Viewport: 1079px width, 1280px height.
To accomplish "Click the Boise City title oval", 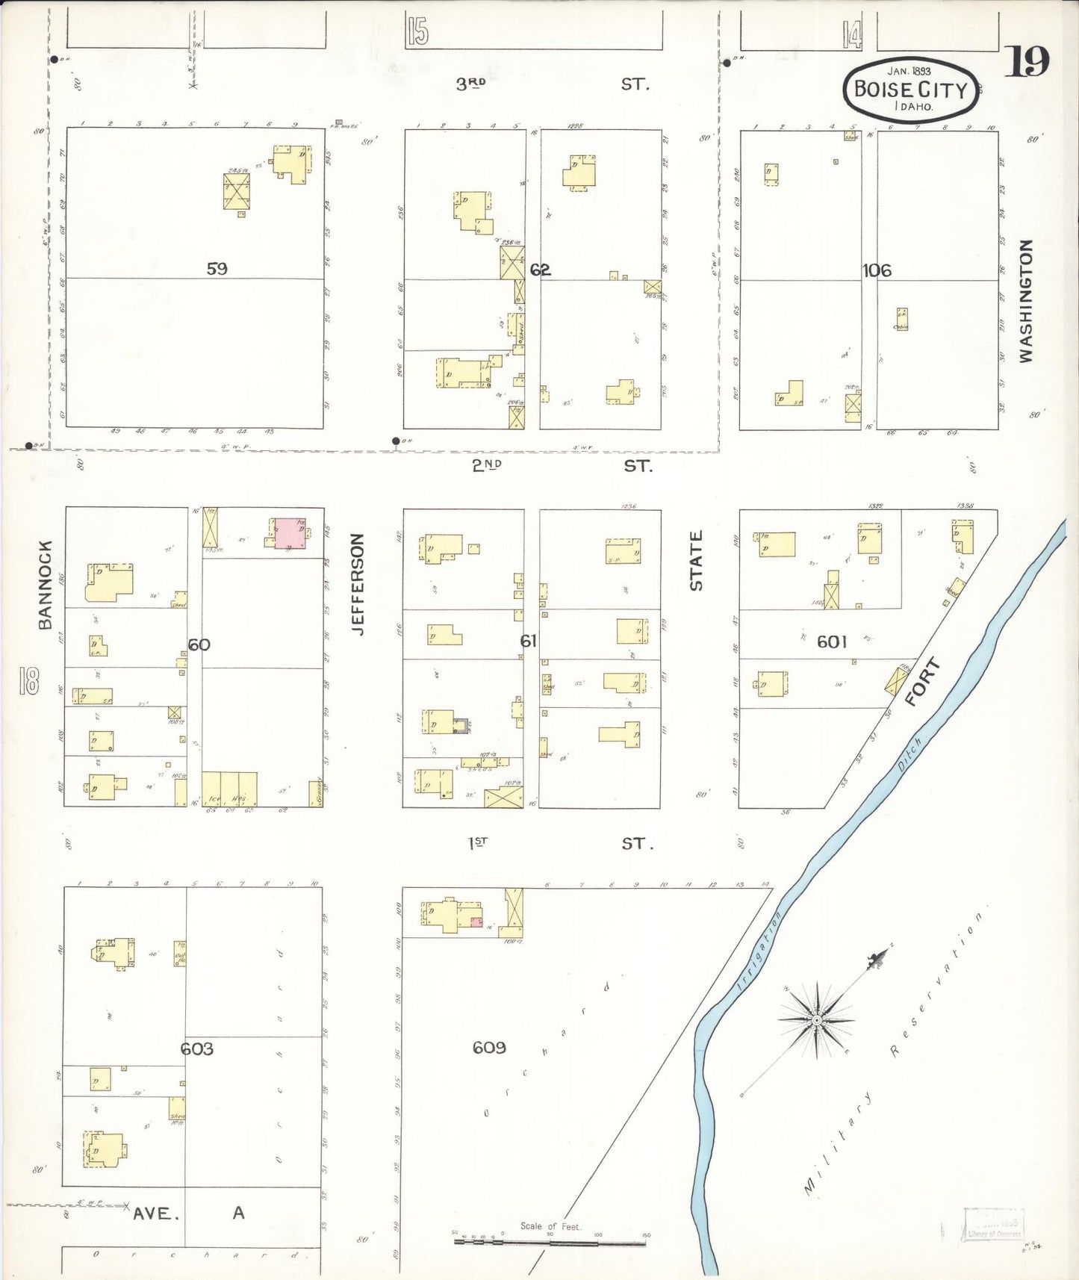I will coord(910,89).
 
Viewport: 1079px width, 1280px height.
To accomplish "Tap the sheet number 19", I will coord(1027,61).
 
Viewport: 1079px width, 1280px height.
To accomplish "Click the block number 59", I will coord(217,268).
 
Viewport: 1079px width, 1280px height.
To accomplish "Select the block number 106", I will coord(877,270).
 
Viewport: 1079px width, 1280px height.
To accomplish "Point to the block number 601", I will coord(832,641).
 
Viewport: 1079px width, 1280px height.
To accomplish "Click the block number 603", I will coord(197,1049).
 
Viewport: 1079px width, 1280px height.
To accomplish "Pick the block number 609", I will coord(489,1048).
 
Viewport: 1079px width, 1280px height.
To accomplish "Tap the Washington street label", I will coord(1026,301).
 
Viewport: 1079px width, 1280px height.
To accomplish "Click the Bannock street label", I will coord(46,584).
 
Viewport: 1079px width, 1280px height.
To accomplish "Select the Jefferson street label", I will coord(358,584).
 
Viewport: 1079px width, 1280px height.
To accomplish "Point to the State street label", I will coord(696,560).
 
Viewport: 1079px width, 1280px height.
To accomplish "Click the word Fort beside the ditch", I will coord(921,683).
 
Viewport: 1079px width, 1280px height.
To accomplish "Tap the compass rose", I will coord(817,1019).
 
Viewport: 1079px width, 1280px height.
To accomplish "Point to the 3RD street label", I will coord(471,84).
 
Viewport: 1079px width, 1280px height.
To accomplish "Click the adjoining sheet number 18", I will coord(30,680).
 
